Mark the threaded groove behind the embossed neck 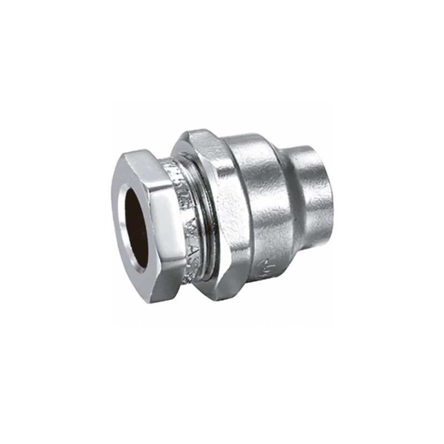tap(207, 222)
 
